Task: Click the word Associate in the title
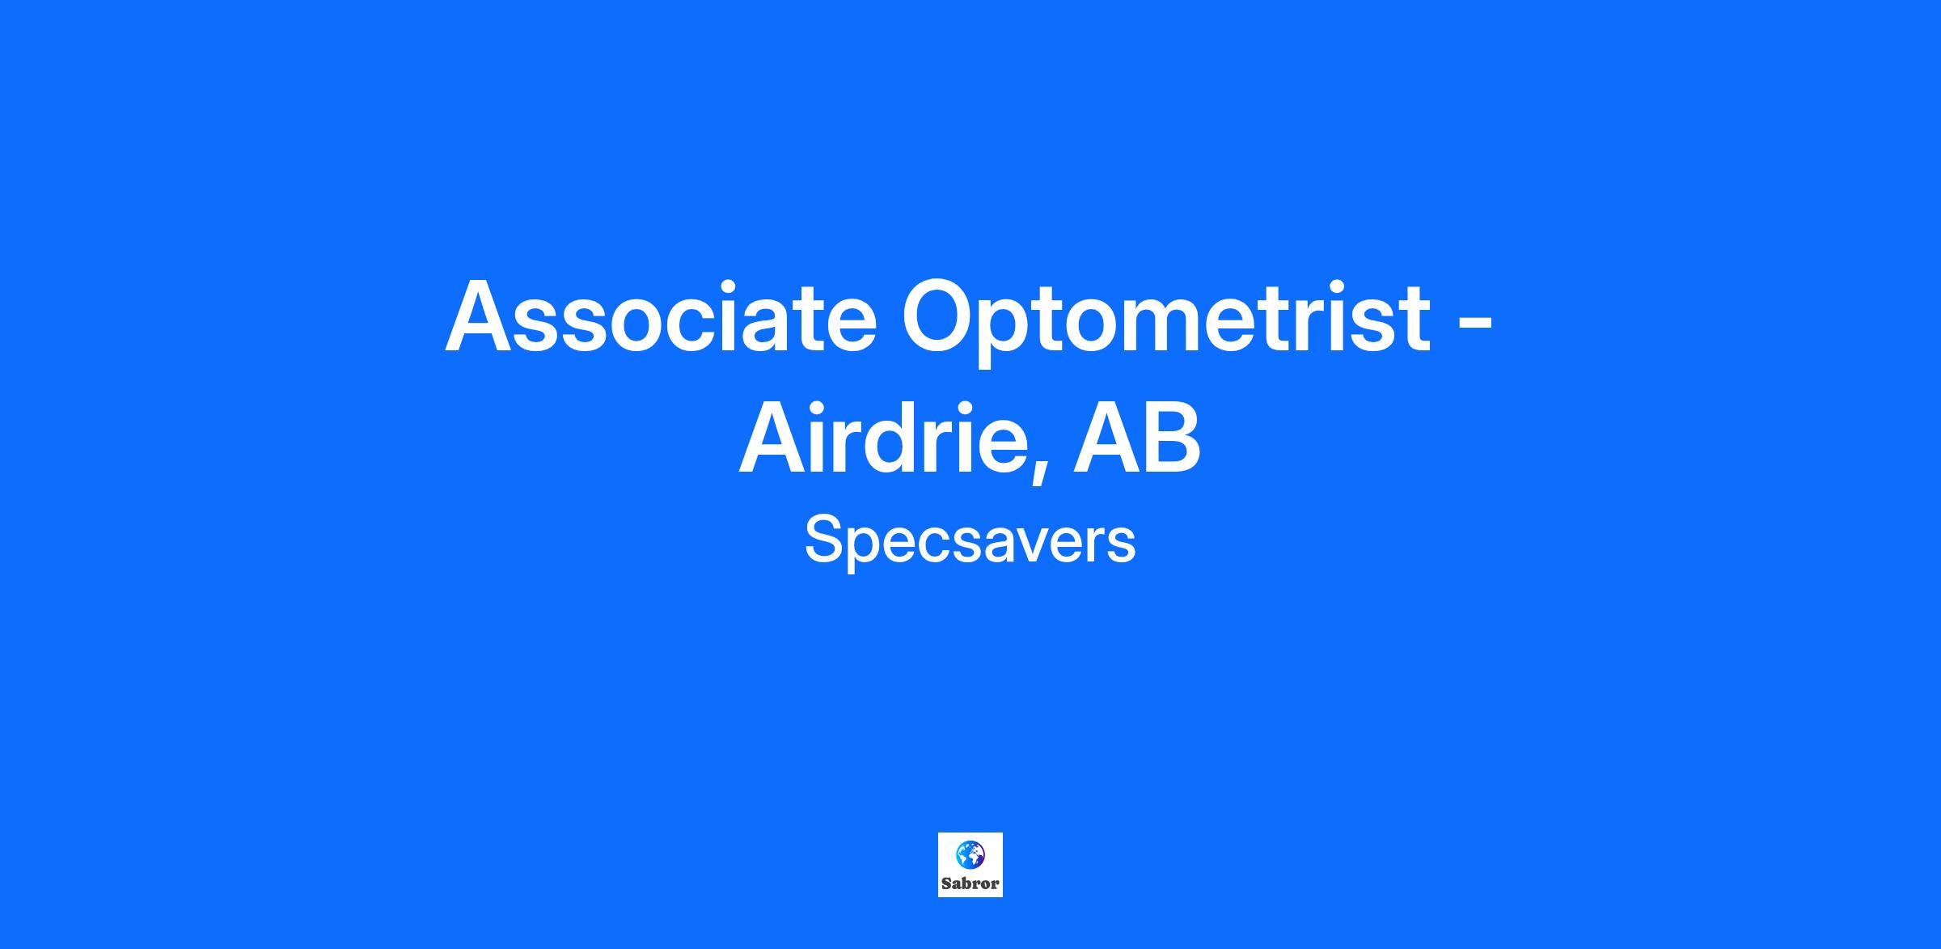(661, 316)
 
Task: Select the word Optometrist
(1166, 322)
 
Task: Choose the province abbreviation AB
(1136, 438)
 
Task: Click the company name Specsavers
(970, 542)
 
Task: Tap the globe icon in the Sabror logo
(970, 854)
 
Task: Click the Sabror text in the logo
(970, 883)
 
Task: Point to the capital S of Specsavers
(823, 540)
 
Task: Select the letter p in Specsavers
(865, 552)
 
